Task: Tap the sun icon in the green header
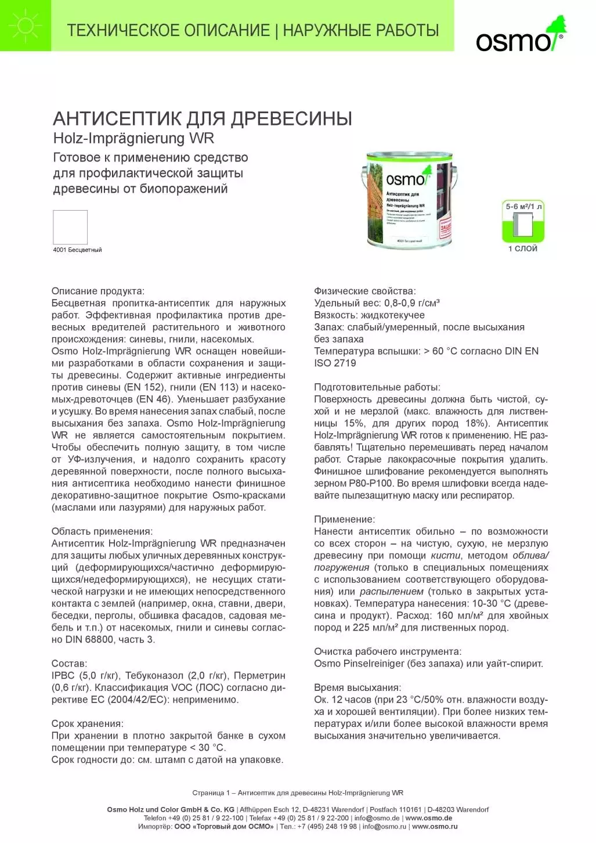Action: coord(26,26)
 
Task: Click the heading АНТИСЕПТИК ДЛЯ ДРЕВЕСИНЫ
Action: coord(203,118)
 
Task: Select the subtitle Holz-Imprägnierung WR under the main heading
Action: coord(133,138)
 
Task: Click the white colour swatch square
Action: coord(70,227)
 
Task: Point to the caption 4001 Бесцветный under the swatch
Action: coord(77,250)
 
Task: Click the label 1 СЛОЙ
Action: coord(523,248)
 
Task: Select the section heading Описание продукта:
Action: coord(97,291)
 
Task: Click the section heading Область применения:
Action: coord(102,531)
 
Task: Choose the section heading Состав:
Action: coord(69,664)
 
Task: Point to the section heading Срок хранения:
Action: coord(87,723)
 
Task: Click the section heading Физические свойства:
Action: coord(365,291)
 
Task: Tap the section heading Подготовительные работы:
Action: coord(377,387)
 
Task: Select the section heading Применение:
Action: coord(344,519)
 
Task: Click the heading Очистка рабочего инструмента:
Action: coord(388,651)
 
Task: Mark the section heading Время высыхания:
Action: coord(357,687)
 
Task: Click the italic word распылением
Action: coord(392,592)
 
